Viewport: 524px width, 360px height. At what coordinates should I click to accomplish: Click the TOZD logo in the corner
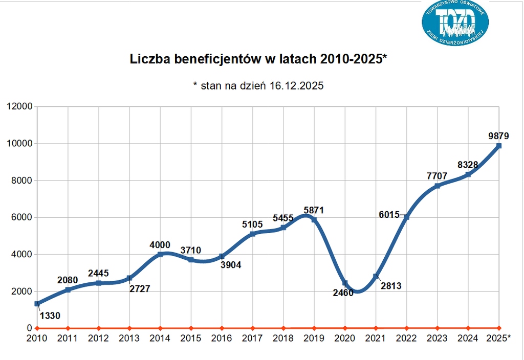[455, 22]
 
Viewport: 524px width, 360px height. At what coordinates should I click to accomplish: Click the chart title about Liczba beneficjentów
[258, 59]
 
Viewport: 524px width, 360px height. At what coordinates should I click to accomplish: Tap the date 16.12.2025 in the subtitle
[296, 86]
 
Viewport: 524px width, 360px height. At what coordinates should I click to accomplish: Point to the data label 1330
[50, 316]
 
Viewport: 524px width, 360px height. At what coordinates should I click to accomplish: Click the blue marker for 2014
[160, 254]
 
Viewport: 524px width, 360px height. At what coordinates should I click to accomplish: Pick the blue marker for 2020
[345, 283]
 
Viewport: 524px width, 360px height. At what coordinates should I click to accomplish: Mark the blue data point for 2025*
[499, 146]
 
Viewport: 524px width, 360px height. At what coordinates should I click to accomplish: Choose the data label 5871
[314, 210]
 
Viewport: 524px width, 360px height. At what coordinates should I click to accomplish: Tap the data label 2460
[343, 293]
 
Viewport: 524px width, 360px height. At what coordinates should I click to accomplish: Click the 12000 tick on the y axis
[19, 106]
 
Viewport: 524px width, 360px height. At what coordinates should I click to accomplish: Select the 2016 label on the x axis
[222, 338]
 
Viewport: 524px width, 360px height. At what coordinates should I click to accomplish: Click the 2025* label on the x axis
[499, 338]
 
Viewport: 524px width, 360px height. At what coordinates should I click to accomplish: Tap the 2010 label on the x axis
[37, 338]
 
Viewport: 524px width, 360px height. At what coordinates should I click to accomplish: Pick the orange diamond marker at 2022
[406, 328]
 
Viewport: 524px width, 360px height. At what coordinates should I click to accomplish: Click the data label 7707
[437, 176]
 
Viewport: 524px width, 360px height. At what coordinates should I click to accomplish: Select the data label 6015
[390, 215]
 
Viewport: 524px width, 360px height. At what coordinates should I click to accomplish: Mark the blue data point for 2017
[252, 234]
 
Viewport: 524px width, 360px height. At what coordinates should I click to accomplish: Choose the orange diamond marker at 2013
[129, 328]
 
